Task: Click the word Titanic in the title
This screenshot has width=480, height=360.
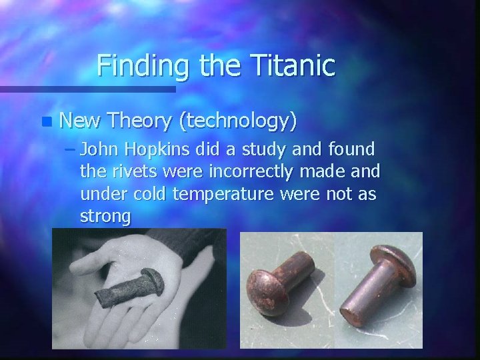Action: click(x=294, y=65)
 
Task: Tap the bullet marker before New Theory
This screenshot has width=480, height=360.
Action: click(x=45, y=121)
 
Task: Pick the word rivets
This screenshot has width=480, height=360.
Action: click(x=131, y=172)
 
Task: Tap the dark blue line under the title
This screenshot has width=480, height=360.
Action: click(x=87, y=89)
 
